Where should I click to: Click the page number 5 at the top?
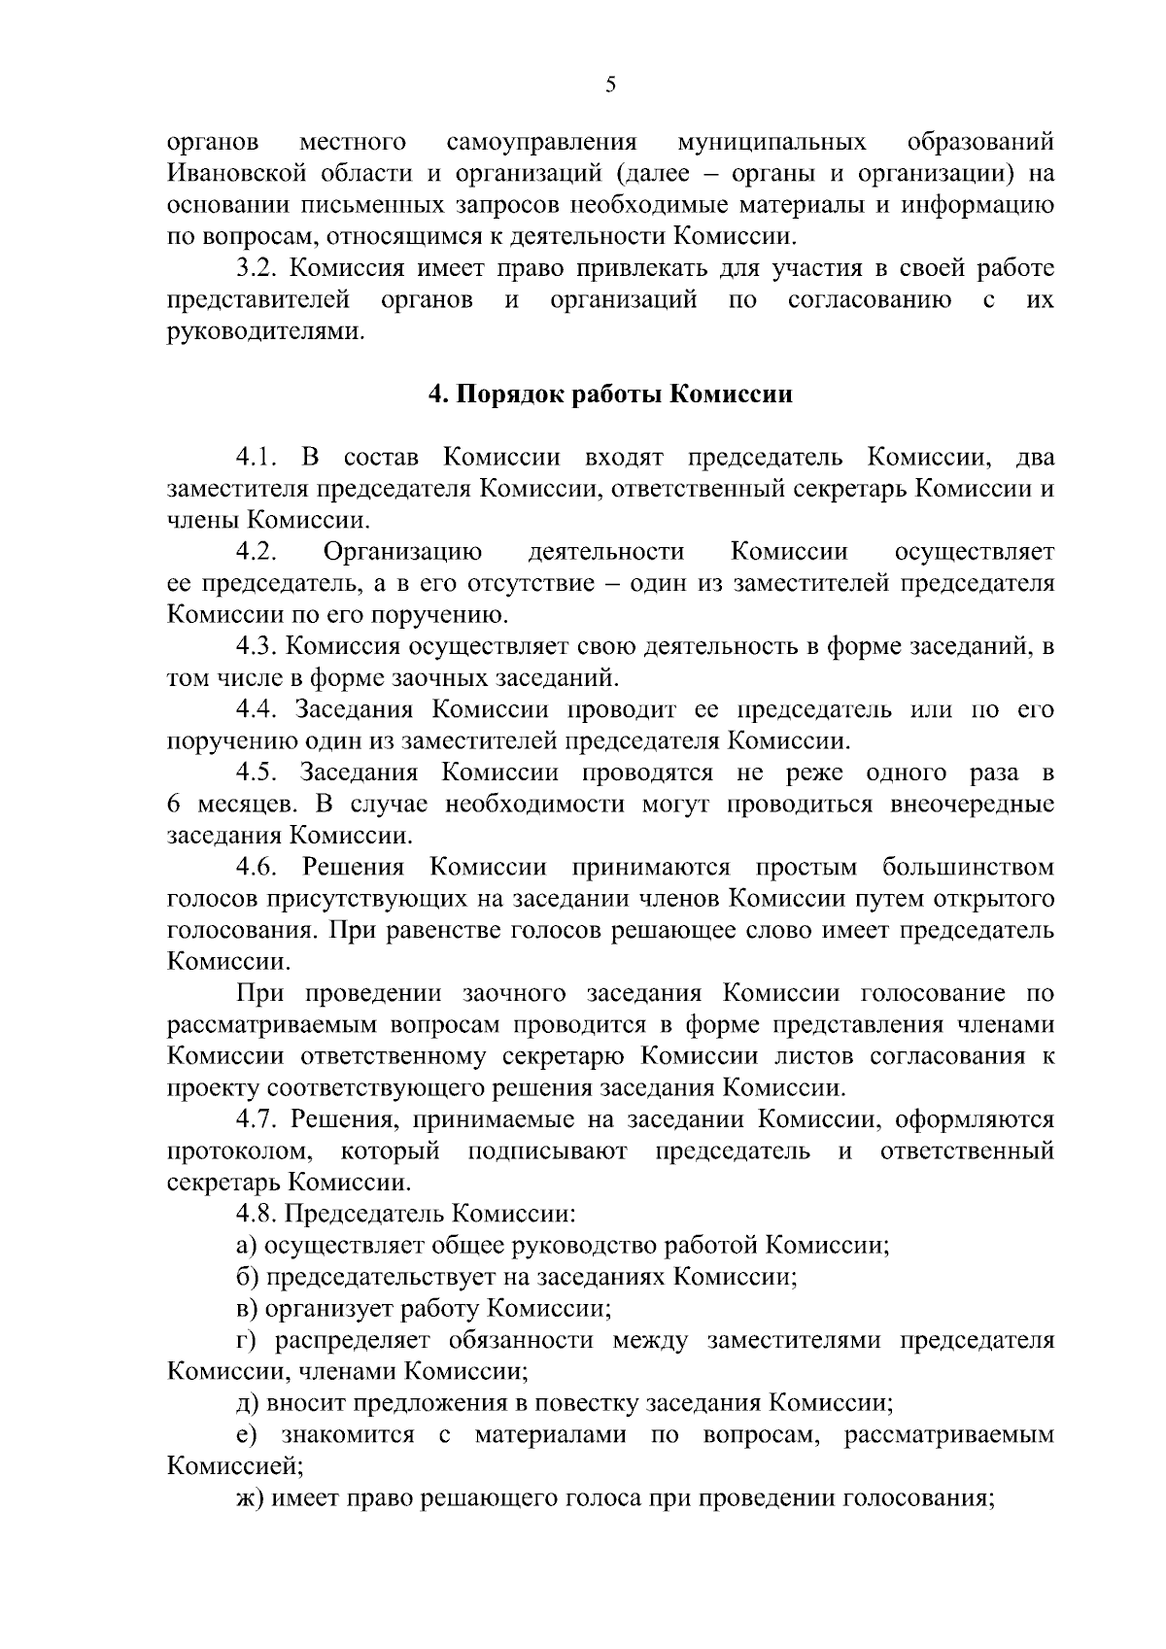click(x=610, y=85)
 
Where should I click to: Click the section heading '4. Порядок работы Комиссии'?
click(x=610, y=395)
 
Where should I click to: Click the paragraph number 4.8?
click(x=257, y=1214)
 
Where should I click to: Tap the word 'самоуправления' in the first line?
click(x=541, y=143)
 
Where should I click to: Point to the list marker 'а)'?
click(x=247, y=1246)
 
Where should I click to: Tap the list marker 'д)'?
click(x=247, y=1403)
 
